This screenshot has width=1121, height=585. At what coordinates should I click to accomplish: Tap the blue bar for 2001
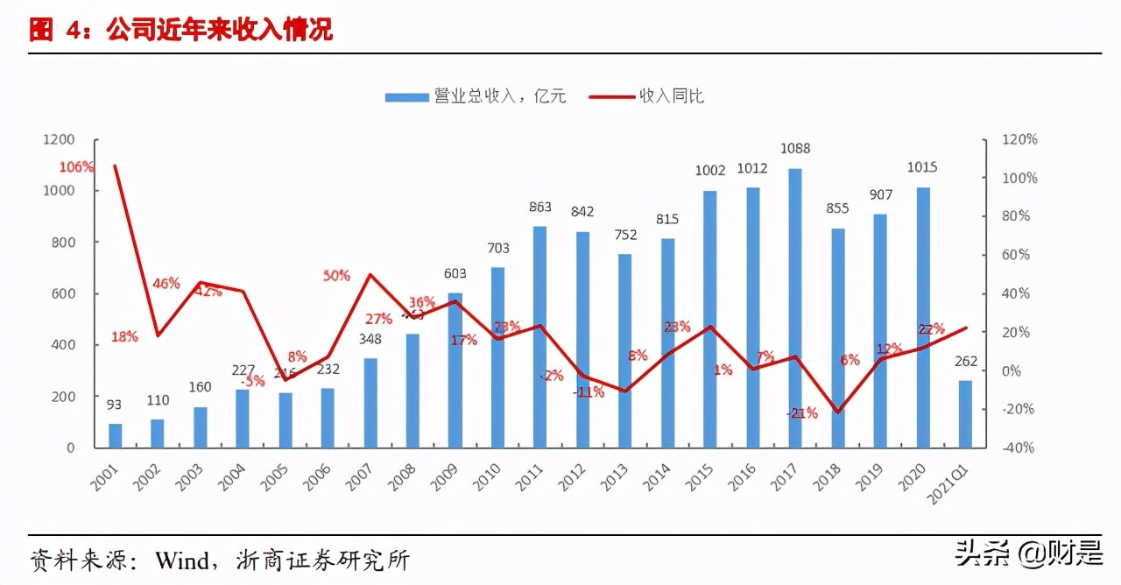pos(116,435)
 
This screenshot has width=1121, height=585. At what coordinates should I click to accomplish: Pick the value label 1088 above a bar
pos(794,149)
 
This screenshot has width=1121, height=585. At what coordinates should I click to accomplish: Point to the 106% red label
pos(76,167)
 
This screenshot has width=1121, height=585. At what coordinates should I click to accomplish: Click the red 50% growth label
pos(335,275)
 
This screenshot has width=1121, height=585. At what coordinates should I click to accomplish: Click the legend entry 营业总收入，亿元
pos(477,96)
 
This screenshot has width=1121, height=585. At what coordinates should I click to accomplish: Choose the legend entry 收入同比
pos(648,96)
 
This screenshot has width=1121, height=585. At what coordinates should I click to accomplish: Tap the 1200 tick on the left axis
pos(59,139)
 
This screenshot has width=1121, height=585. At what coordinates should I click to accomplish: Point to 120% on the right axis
pos(1019,139)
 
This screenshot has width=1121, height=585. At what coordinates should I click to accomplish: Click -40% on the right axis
pos(1019,448)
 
